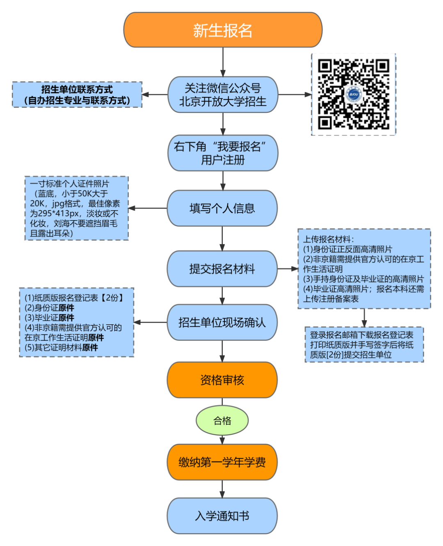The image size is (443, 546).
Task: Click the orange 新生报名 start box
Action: click(223, 30)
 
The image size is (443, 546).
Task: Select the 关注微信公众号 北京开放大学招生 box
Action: click(223, 94)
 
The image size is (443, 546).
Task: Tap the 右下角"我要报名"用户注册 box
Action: click(223, 153)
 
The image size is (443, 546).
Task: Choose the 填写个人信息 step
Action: click(222, 208)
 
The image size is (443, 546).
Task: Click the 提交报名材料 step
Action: click(222, 269)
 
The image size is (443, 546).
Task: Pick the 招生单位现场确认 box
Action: click(222, 322)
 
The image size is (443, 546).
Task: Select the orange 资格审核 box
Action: click(222, 380)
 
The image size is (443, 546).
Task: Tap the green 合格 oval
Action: click(222, 420)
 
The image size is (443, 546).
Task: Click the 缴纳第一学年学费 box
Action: click(222, 462)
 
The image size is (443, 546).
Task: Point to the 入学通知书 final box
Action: click(222, 516)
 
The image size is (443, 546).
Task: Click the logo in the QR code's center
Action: click(353, 94)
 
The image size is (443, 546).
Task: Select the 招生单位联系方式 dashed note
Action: click(77, 95)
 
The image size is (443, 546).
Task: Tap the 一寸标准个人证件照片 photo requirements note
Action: click(77, 208)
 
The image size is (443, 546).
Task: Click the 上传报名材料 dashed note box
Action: click(364, 269)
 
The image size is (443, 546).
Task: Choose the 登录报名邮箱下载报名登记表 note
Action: click(364, 344)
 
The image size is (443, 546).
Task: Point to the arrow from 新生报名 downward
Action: click(223, 62)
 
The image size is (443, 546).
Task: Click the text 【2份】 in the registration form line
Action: click(112, 298)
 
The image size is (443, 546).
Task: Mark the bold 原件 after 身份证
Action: click(66, 308)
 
